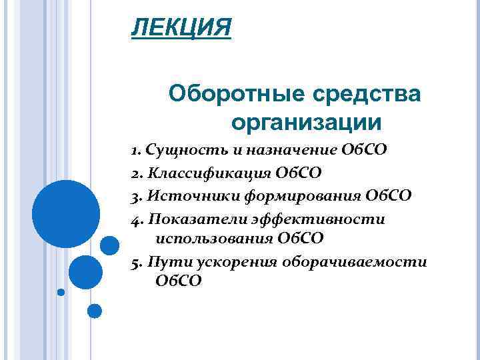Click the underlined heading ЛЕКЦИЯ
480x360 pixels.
point(181,29)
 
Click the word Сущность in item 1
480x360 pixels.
point(178,149)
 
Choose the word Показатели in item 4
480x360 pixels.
point(189,219)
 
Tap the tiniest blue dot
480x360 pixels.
point(61,292)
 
